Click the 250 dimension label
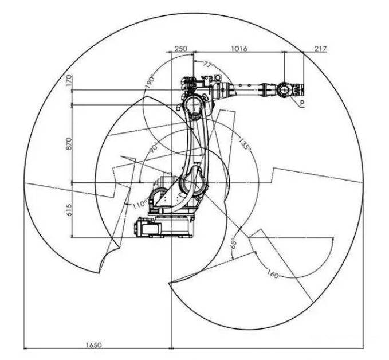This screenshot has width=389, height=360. coord(181,48)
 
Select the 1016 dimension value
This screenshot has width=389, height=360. coord(239,48)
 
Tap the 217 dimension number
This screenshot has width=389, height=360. coord(320,49)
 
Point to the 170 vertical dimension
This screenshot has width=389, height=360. coord(69,80)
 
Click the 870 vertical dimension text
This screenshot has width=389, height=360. coord(69,143)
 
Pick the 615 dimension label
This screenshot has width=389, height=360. coord(69,210)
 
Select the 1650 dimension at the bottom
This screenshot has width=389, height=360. coord(93,345)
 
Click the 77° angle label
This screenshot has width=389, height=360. coord(209,65)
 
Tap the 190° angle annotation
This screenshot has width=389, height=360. coord(150,81)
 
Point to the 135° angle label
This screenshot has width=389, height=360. coord(245,143)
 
